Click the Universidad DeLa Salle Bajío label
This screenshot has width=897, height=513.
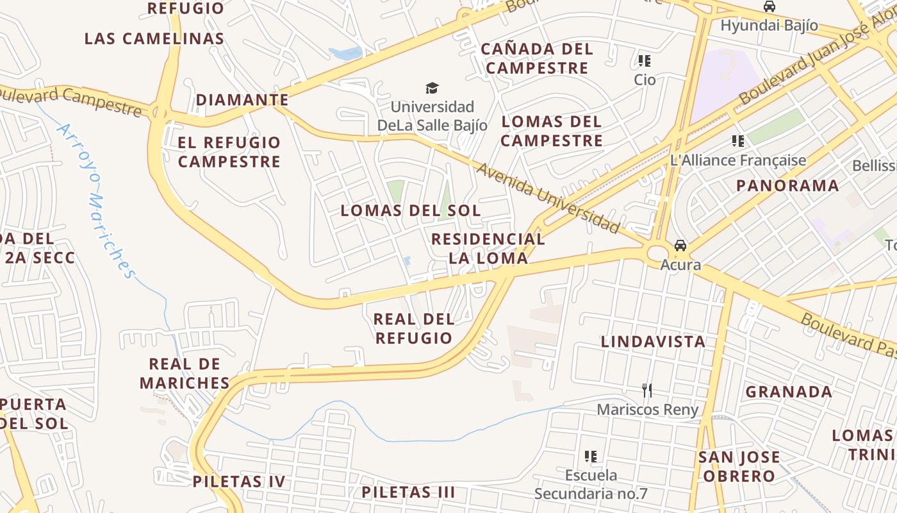432,116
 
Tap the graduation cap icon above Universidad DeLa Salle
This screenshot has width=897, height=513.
432,88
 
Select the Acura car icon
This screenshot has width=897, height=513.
680,246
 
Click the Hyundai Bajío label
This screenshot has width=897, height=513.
769,26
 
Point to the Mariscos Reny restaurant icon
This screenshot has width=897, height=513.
647,390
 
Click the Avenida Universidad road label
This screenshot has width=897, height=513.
548,198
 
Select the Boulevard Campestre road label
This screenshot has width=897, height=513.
70,101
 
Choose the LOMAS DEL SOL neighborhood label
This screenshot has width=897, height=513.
410,210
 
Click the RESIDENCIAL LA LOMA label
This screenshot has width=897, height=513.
488,248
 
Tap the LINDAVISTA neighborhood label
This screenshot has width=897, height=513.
653,342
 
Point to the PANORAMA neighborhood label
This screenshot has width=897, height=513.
787,186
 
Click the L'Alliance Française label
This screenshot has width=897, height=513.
738,160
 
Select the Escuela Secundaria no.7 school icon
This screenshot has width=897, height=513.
591,457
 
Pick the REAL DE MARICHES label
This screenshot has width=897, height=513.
185,373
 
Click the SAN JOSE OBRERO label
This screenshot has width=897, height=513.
739,467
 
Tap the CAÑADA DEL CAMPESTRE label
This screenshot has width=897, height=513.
537,58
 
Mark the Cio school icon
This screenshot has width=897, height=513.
645,62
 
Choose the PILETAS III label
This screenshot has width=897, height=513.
408,492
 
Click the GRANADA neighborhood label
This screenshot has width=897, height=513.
789,392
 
